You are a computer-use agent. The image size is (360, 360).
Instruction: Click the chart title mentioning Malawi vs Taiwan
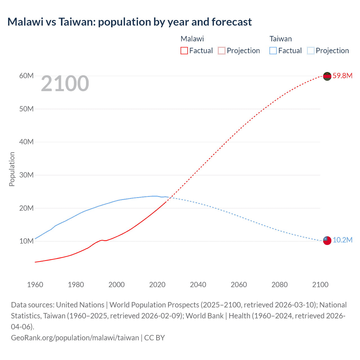[x=129, y=22]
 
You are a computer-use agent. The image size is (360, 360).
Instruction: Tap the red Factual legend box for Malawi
[x=184, y=51]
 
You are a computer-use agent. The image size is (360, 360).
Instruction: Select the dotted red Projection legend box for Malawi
[x=222, y=51]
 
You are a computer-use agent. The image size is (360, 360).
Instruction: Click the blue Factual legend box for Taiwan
[x=273, y=51]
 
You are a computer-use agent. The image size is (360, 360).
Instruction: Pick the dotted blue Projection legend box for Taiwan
[x=311, y=51]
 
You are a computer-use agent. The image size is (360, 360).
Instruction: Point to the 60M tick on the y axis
[x=26, y=76]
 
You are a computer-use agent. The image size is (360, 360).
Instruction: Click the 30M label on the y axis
[x=26, y=175]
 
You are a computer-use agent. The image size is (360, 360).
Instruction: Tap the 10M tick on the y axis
[x=26, y=241]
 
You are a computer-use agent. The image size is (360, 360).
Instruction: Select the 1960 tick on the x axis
[x=35, y=285]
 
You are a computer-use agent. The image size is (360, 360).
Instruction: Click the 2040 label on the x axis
[x=198, y=285]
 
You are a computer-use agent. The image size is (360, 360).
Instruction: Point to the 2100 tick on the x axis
[x=320, y=285]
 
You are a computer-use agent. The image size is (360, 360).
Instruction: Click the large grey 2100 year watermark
[x=65, y=84]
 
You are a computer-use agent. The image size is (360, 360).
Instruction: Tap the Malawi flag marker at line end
[x=327, y=76]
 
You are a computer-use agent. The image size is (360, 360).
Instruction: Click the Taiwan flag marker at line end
[x=327, y=240]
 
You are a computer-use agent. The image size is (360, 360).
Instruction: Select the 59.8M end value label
[x=342, y=76]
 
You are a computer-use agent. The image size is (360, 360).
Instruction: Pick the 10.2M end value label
[x=342, y=240]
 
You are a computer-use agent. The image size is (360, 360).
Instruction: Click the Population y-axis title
[x=12, y=169]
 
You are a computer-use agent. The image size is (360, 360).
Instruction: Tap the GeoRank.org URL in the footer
[x=75, y=337]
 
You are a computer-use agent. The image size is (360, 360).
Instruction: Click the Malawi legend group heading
[x=192, y=39]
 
